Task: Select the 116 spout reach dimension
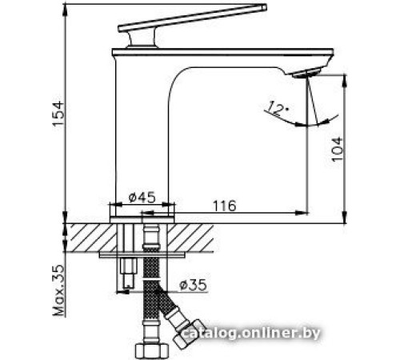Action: pos(225,206)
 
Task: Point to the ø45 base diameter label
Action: pos(141,197)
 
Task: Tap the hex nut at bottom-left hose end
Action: pos(150,350)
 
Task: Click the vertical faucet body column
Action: pos(140,136)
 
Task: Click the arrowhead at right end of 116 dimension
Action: pos(303,213)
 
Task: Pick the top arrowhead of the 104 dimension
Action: pos(344,79)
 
